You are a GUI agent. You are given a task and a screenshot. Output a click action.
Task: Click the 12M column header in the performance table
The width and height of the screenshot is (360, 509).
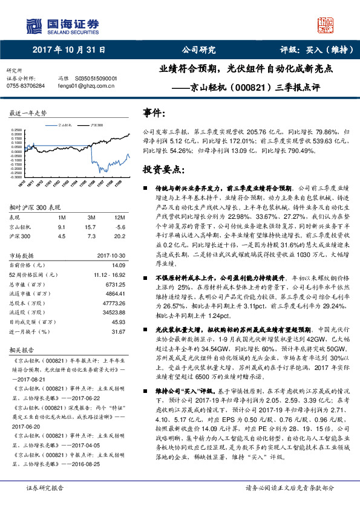coord(120,216)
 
